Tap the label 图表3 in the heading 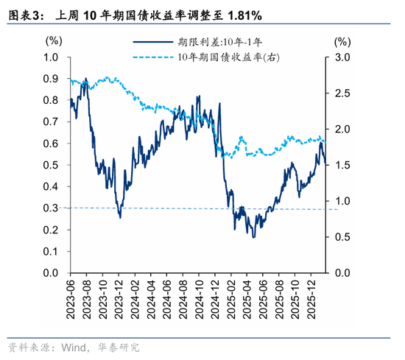[x=23, y=15]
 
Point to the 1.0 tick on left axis [x=52, y=57]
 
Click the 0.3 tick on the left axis [x=52, y=208]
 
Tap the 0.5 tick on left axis [x=52, y=166]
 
